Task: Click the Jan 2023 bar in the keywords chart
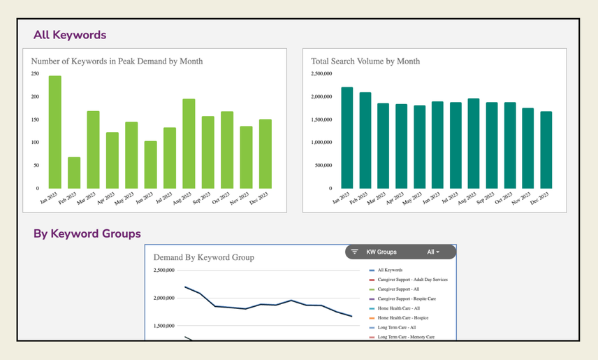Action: pyautogui.click(x=54, y=132)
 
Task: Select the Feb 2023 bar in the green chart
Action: pyautogui.click(x=73, y=173)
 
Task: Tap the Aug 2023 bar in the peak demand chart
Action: pyautogui.click(x=189, y=143)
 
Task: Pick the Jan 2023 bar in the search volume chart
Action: pyautogui.click(x=347, y=138)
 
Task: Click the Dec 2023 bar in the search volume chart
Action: pyautogui.click(x=546, y=150)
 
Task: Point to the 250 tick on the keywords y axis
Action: pyautogui.click(x=36, y=73)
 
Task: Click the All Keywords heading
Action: pyautogui.click(x=70, y=34)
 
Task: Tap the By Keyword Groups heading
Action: pyautogui.click(x=87, y=233)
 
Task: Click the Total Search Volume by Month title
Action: pyautogui.click(x=365, y=61)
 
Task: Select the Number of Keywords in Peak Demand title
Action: pyautogui.click(x=117, y=61)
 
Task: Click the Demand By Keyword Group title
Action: pyautogui.click(x=203, y=257)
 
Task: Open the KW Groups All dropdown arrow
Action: pyautogui.click(x=438, y=252)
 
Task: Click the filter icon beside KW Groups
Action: pyautogui.click(x=354, y=252)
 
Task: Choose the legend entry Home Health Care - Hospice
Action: pyautogui.click(x=403, y=318)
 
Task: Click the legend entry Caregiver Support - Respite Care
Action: pyautogui.click(x=407, y=298)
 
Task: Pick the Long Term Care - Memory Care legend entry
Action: pyautogui.click(x=407, y=338)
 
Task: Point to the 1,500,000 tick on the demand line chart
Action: pyautogui.click(x=168, y=326)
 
